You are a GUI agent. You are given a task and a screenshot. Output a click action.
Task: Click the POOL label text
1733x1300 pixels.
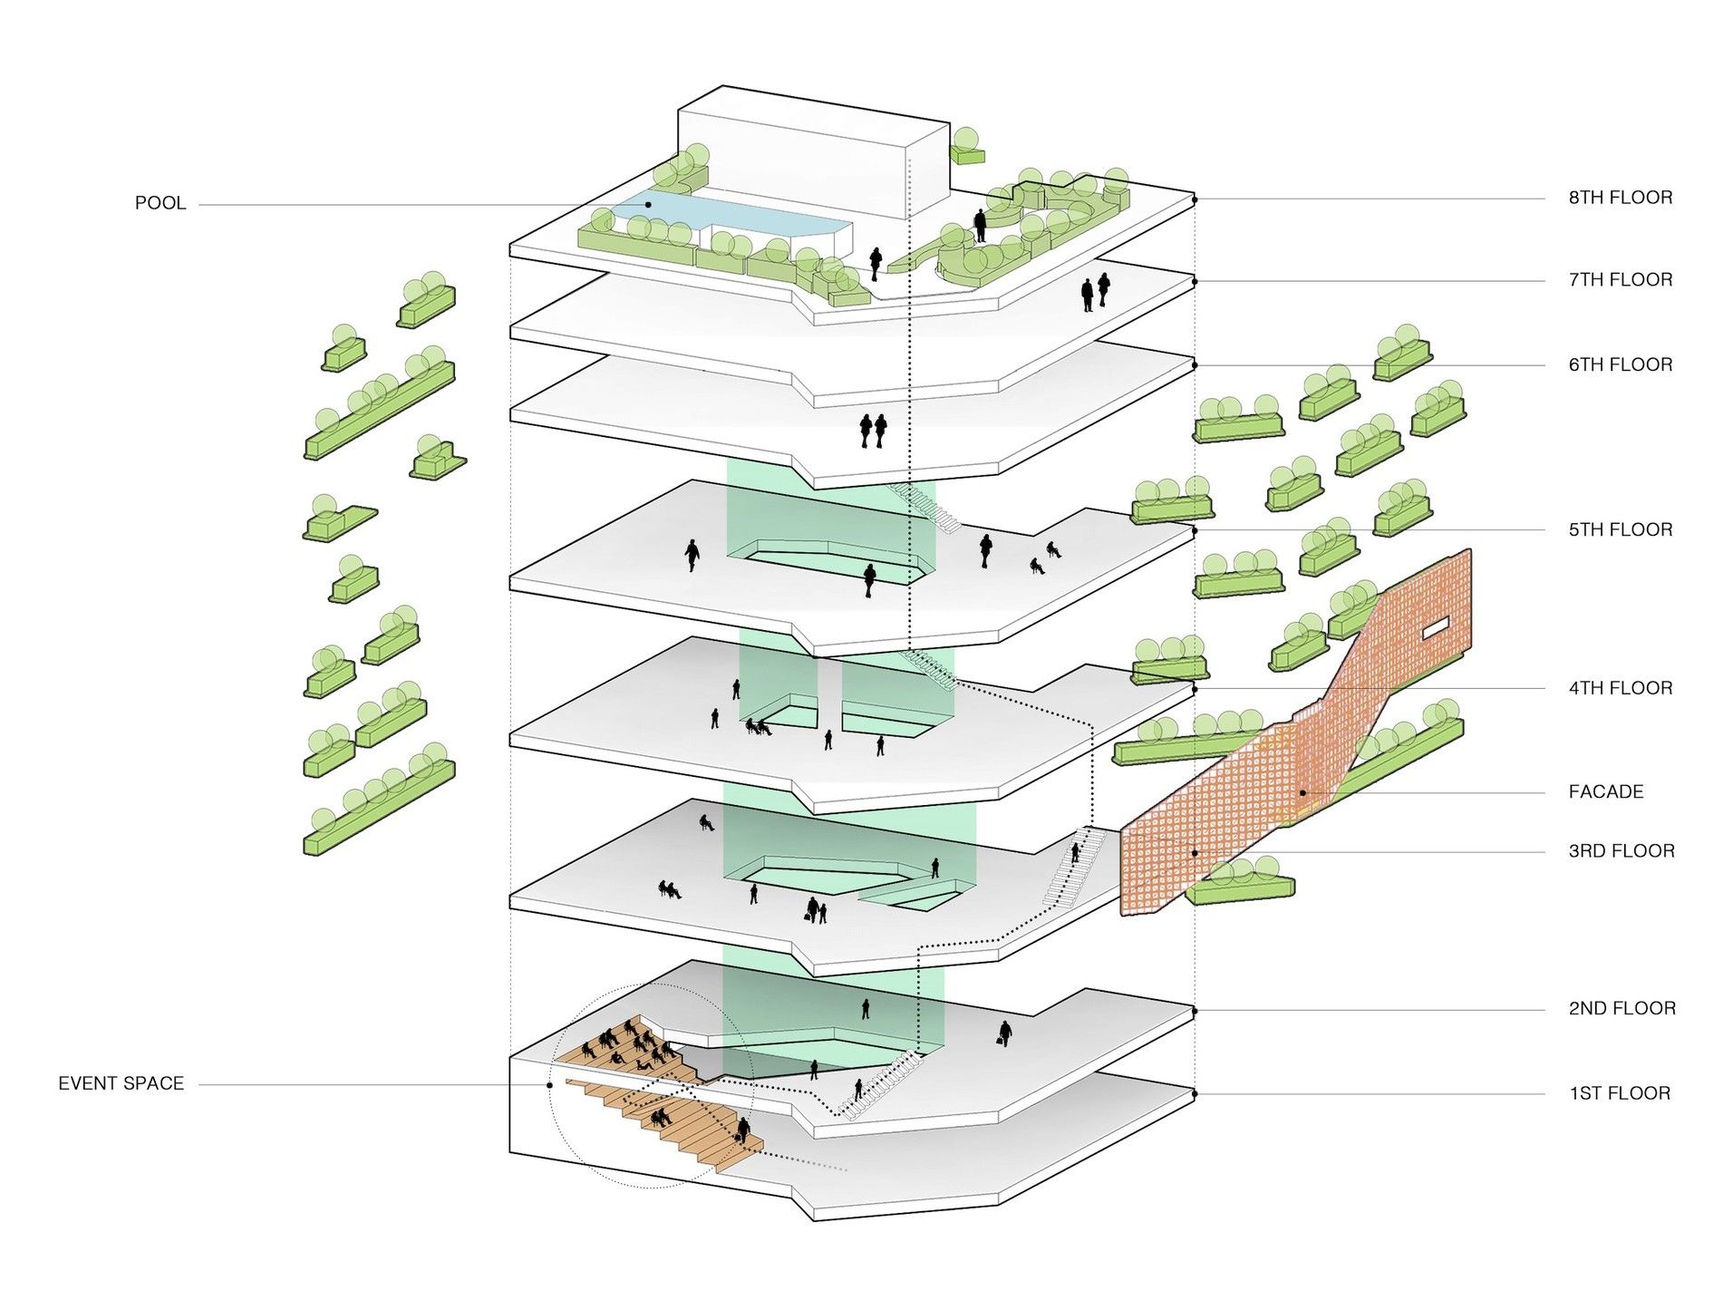[160, 203]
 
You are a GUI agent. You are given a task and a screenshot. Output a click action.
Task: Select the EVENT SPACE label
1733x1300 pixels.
[121, 1083]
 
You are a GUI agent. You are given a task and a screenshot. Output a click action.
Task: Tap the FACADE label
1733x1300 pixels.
[1605, 791]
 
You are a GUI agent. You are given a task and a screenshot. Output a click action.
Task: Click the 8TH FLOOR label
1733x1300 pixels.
[1621, 198]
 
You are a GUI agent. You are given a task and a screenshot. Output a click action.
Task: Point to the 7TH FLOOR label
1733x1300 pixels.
[1621, 280]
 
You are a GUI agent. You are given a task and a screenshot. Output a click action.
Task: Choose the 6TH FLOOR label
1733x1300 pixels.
[1621, 364]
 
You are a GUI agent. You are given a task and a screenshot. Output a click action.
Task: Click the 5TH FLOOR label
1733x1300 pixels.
[1621, 529]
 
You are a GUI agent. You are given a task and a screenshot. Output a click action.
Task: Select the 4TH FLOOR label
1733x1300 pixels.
[1621, 688]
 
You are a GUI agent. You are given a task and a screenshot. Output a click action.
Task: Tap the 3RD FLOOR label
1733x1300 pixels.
[1622, 850]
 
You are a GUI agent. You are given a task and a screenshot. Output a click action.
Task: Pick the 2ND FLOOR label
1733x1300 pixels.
[1622, 1008]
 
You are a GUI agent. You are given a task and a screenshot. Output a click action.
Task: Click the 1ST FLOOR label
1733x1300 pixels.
[1620, 1093]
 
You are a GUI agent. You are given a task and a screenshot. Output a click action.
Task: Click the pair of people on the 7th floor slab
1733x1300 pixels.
[1095, 292]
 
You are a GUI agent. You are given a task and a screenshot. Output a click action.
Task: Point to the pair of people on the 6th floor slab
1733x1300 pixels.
[873, 431]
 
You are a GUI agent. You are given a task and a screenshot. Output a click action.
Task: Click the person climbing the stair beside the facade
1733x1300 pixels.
[1076, 853]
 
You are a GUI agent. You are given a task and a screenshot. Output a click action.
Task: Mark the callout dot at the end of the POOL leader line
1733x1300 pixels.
[649, 205]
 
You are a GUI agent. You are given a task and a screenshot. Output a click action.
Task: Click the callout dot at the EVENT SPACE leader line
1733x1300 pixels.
[550, 1084]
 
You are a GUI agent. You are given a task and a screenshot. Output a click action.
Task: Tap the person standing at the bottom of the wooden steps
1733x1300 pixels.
[743, 1130]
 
